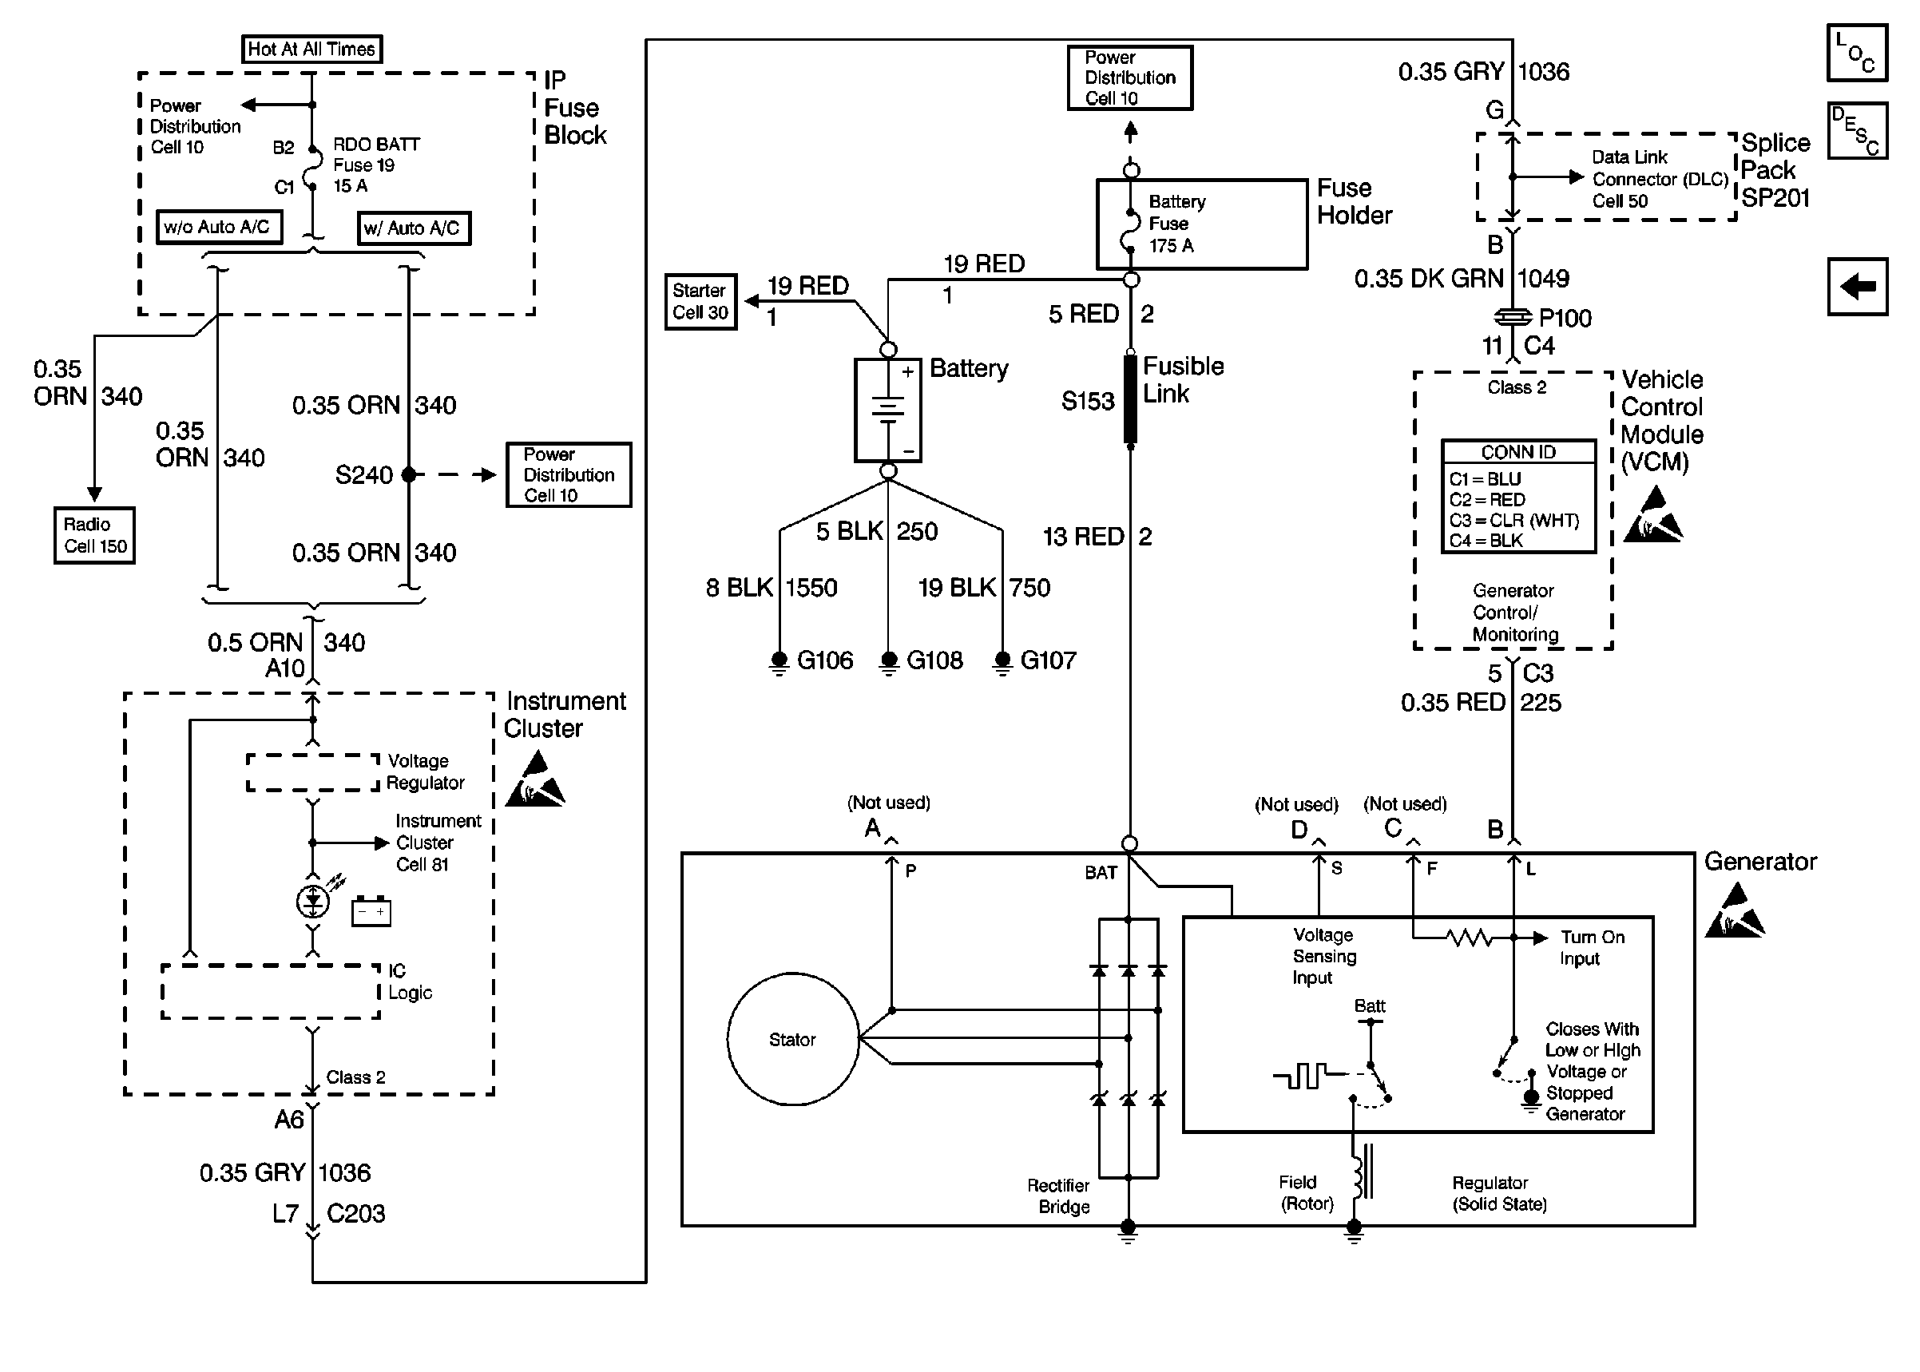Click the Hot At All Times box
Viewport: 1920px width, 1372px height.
pos(311,49)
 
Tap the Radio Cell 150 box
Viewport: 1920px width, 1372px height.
pos(94,535)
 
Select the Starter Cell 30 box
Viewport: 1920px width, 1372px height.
pos(700,302)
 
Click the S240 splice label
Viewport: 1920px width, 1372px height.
pos(363,475)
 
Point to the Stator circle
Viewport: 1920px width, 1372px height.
pos(792,1039)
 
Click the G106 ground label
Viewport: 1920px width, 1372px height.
pos(824,660)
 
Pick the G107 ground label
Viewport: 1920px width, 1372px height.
pos(1047,660)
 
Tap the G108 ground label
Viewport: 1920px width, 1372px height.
pos(934,660)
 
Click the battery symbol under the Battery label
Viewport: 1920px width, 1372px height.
pos(888,410)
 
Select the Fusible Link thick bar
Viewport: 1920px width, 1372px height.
pos(1130,399)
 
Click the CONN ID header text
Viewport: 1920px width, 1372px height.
pos(1518,452)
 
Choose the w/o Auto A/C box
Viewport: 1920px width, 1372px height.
pos(219,228)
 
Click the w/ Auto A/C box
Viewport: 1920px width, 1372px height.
pos(414,228)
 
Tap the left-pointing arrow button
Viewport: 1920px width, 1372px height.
pos(1857,287)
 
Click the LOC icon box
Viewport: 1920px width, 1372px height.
pos(1857,53)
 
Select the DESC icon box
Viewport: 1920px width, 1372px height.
pos(1857,131)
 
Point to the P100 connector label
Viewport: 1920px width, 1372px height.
pos(1565,319)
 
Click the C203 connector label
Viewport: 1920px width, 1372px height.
pos(355,1213)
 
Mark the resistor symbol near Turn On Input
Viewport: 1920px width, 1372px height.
pos(1469,937)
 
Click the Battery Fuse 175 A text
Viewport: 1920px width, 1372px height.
pos(1176,224)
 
